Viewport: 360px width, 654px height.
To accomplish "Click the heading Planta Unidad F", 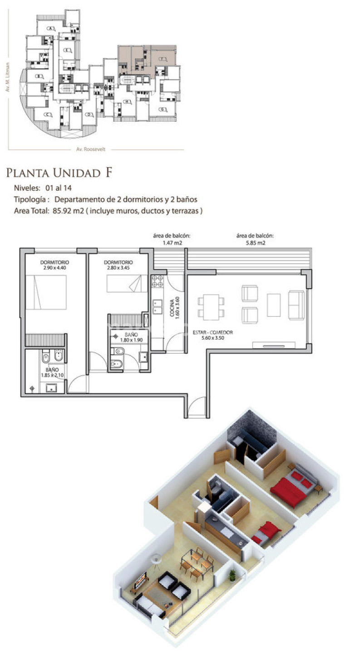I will (x=59, y=173).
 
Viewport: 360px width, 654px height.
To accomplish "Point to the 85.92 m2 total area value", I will (x=69, y=211).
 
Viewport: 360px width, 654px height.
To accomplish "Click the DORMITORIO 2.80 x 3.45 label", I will (x=118, y=265).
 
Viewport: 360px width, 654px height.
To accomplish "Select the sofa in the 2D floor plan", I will (x=297, y=305).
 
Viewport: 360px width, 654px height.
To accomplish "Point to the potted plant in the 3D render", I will (x=232, y=575).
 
